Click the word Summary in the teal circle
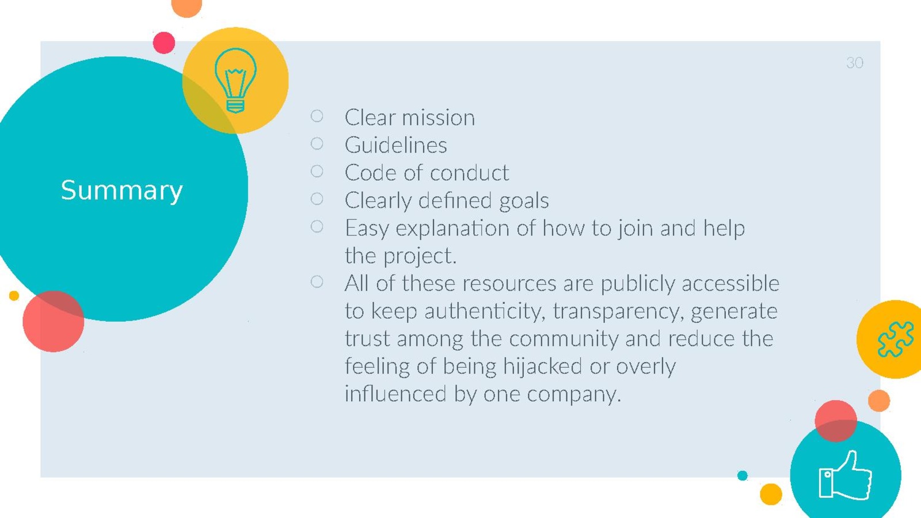pos(121,191)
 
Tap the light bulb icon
pos(235,81)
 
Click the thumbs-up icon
pos(846,475)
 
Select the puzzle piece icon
pos(896,339)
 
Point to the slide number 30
pos(855,63)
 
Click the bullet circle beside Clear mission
pos(317,116)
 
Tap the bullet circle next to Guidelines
pos(317,143)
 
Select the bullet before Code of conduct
pos(317,171)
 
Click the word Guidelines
pos(395,144)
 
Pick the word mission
pos(438,117)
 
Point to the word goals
pos(524,201)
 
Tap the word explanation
pos(452,228)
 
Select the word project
pos(420,257)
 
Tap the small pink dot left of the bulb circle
pos(164,43)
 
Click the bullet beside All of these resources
pos(317,281)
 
